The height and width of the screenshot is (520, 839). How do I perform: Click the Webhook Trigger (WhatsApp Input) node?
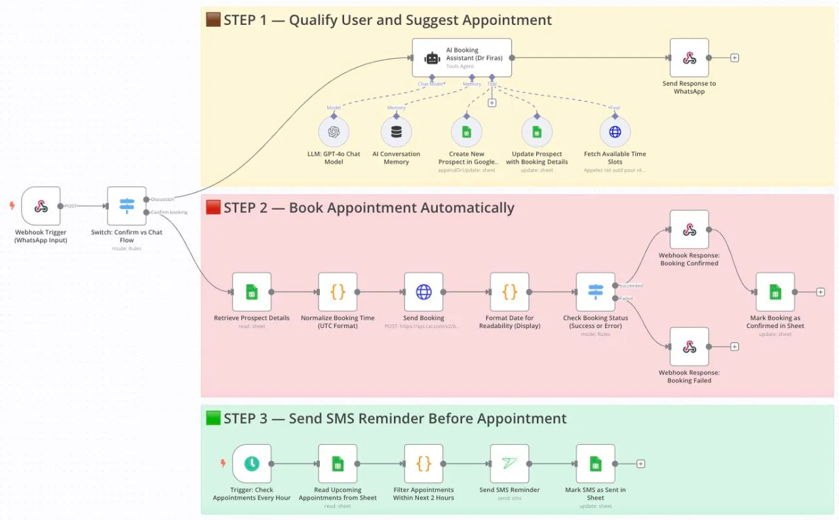(41, 206)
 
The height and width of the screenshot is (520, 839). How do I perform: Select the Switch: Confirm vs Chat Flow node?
(127, 206)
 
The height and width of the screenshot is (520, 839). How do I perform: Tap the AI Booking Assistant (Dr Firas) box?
(461, 58)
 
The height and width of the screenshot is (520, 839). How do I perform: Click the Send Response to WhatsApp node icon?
(689, 58)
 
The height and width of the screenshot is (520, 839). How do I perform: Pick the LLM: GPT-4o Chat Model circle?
(334, 132)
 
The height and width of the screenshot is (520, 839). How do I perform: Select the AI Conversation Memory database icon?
(396, 132)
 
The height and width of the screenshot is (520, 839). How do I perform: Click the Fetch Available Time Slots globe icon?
(615, 132)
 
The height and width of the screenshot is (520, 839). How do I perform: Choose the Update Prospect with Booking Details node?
(536, 132)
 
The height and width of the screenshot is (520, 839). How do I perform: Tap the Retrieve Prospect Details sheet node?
(252, 292)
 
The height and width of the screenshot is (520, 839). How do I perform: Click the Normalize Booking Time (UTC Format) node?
(338, 292)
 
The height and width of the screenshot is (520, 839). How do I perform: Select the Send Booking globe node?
(423, 292)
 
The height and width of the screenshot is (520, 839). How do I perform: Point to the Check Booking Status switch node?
(595, 292)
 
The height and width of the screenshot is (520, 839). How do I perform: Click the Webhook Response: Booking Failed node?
(689, 346)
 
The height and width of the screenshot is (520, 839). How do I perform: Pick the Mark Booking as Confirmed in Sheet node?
(775, 292)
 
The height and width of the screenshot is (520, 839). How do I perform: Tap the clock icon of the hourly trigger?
(252, 464)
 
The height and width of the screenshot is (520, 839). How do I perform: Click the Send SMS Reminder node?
(509, 464)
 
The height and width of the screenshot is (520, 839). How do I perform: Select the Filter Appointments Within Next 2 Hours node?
(423, 464)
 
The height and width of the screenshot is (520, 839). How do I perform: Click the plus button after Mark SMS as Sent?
(641, 464)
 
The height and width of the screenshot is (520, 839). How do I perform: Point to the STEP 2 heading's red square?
(213, 208)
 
